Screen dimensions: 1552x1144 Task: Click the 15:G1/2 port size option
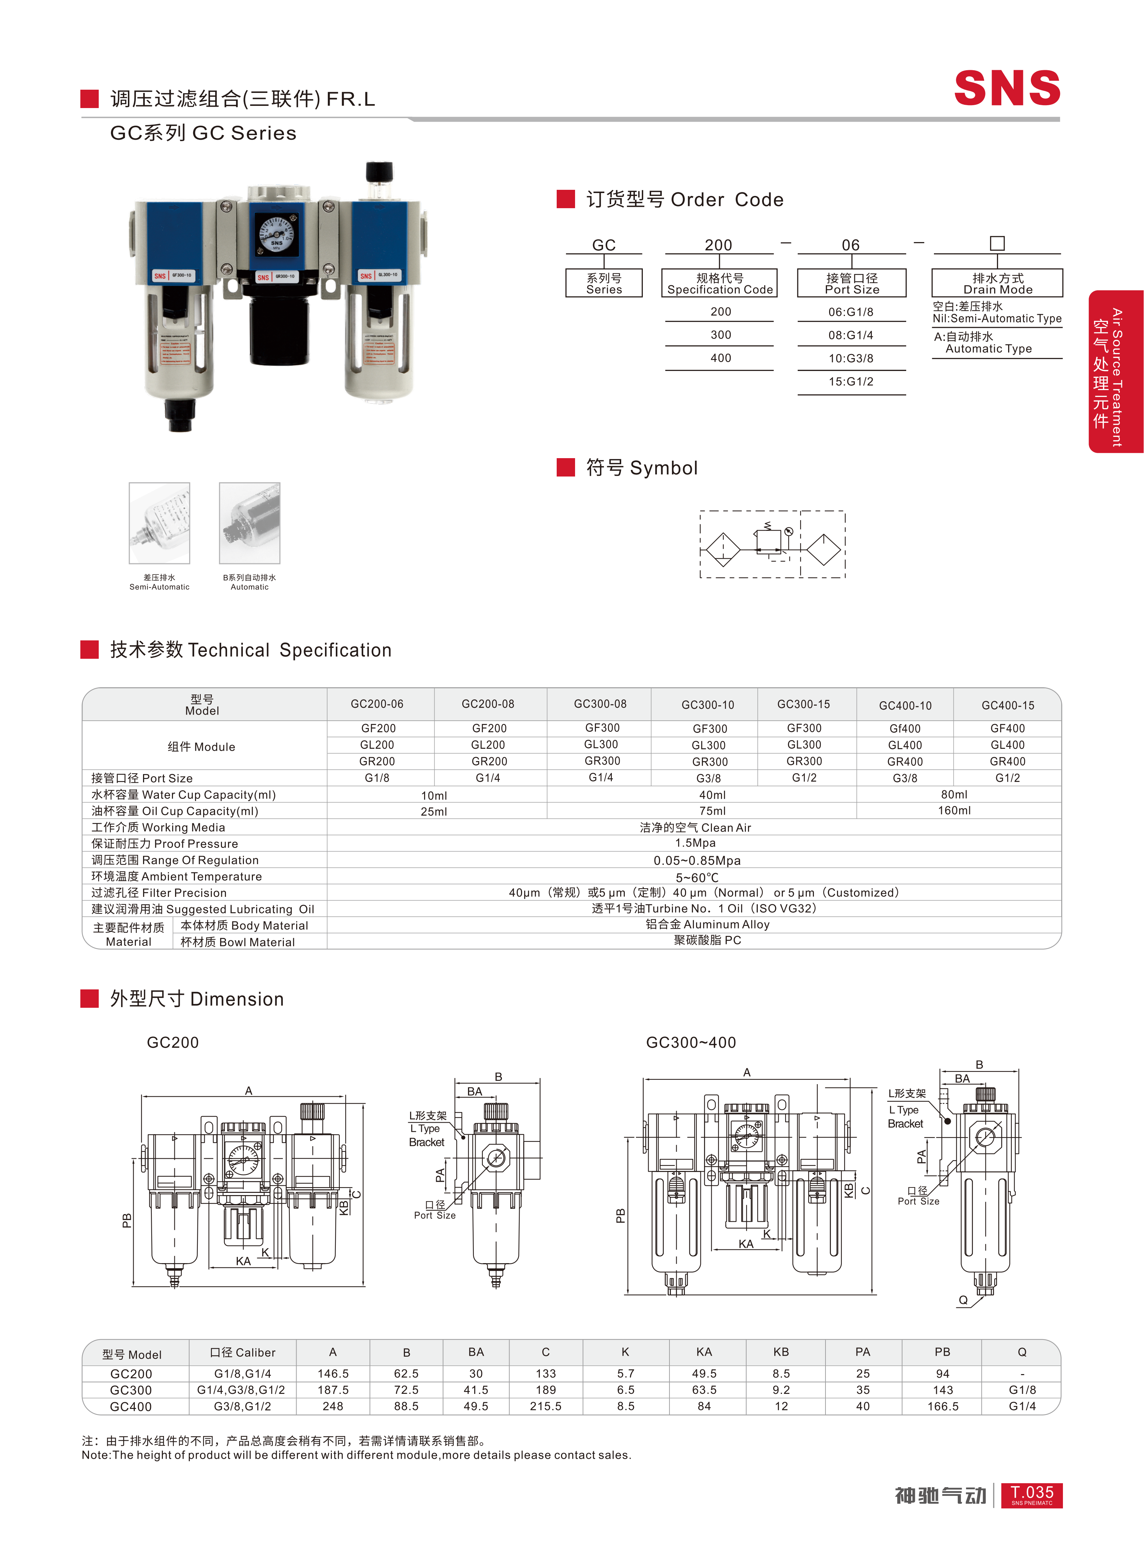851,381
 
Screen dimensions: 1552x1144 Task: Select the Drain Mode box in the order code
997,283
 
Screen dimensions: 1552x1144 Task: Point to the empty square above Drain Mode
997,243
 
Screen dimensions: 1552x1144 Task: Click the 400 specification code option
720,358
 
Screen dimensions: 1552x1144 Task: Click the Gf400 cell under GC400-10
905,728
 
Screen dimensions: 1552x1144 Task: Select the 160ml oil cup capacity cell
954,811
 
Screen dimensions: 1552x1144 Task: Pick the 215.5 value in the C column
546,1406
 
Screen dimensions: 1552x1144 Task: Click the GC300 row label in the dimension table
131,1390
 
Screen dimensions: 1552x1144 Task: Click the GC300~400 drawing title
690,1042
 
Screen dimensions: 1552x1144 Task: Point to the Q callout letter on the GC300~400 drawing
962,1300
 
